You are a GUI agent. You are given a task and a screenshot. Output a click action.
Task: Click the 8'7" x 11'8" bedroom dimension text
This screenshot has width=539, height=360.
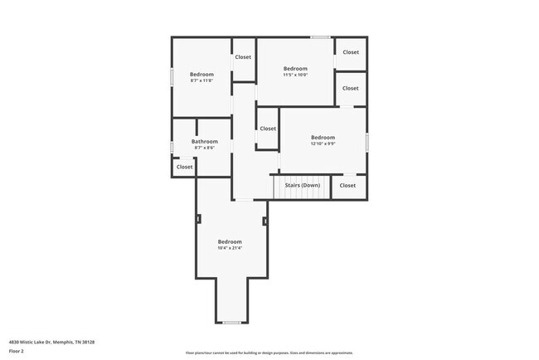click(202, 80)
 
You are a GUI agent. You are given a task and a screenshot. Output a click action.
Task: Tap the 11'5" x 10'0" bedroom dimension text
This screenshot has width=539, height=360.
click(295, 75)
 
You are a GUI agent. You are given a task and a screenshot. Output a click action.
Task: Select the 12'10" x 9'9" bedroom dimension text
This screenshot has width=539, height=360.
click(323, 144)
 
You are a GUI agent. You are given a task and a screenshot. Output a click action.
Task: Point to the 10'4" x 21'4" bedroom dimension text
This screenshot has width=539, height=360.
click(230, 248)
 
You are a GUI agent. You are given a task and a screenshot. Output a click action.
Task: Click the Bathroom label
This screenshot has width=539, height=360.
click(204, 142)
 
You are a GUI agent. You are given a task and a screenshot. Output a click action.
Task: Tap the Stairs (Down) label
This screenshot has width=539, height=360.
click(303, 185)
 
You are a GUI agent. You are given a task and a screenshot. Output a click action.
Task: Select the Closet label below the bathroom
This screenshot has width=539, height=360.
click(184, 167)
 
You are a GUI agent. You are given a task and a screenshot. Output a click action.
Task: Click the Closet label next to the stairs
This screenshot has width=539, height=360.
click(347, 185)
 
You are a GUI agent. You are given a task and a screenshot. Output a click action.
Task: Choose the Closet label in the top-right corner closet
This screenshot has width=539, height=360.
click(351, 52)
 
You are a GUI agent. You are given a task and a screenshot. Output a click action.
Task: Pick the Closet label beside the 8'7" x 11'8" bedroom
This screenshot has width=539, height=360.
click(243, 57)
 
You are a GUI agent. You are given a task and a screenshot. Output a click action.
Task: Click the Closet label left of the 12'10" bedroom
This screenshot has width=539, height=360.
click(268, 129)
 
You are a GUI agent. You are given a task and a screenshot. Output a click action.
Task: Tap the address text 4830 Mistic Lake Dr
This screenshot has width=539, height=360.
click(51, 342)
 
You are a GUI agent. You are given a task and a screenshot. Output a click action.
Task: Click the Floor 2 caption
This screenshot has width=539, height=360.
click(17, 351)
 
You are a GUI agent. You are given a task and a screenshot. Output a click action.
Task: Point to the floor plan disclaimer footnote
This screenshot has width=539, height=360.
click(269, 353)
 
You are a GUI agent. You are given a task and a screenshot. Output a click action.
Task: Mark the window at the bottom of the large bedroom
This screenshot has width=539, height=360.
click(231, 322)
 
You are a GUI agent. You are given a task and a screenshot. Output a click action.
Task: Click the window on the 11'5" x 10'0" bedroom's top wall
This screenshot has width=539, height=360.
click(320, 37)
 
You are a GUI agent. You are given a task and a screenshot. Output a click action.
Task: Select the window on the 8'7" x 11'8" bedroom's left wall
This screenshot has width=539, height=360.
click(172, 75)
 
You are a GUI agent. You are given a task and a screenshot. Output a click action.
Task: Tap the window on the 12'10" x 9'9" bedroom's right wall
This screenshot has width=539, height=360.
click(366, 141)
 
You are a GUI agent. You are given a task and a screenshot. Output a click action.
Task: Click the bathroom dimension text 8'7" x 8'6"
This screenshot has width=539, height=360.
click(204, 148)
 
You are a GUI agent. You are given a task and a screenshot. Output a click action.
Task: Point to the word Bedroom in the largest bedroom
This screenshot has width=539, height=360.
click(230, 241)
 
